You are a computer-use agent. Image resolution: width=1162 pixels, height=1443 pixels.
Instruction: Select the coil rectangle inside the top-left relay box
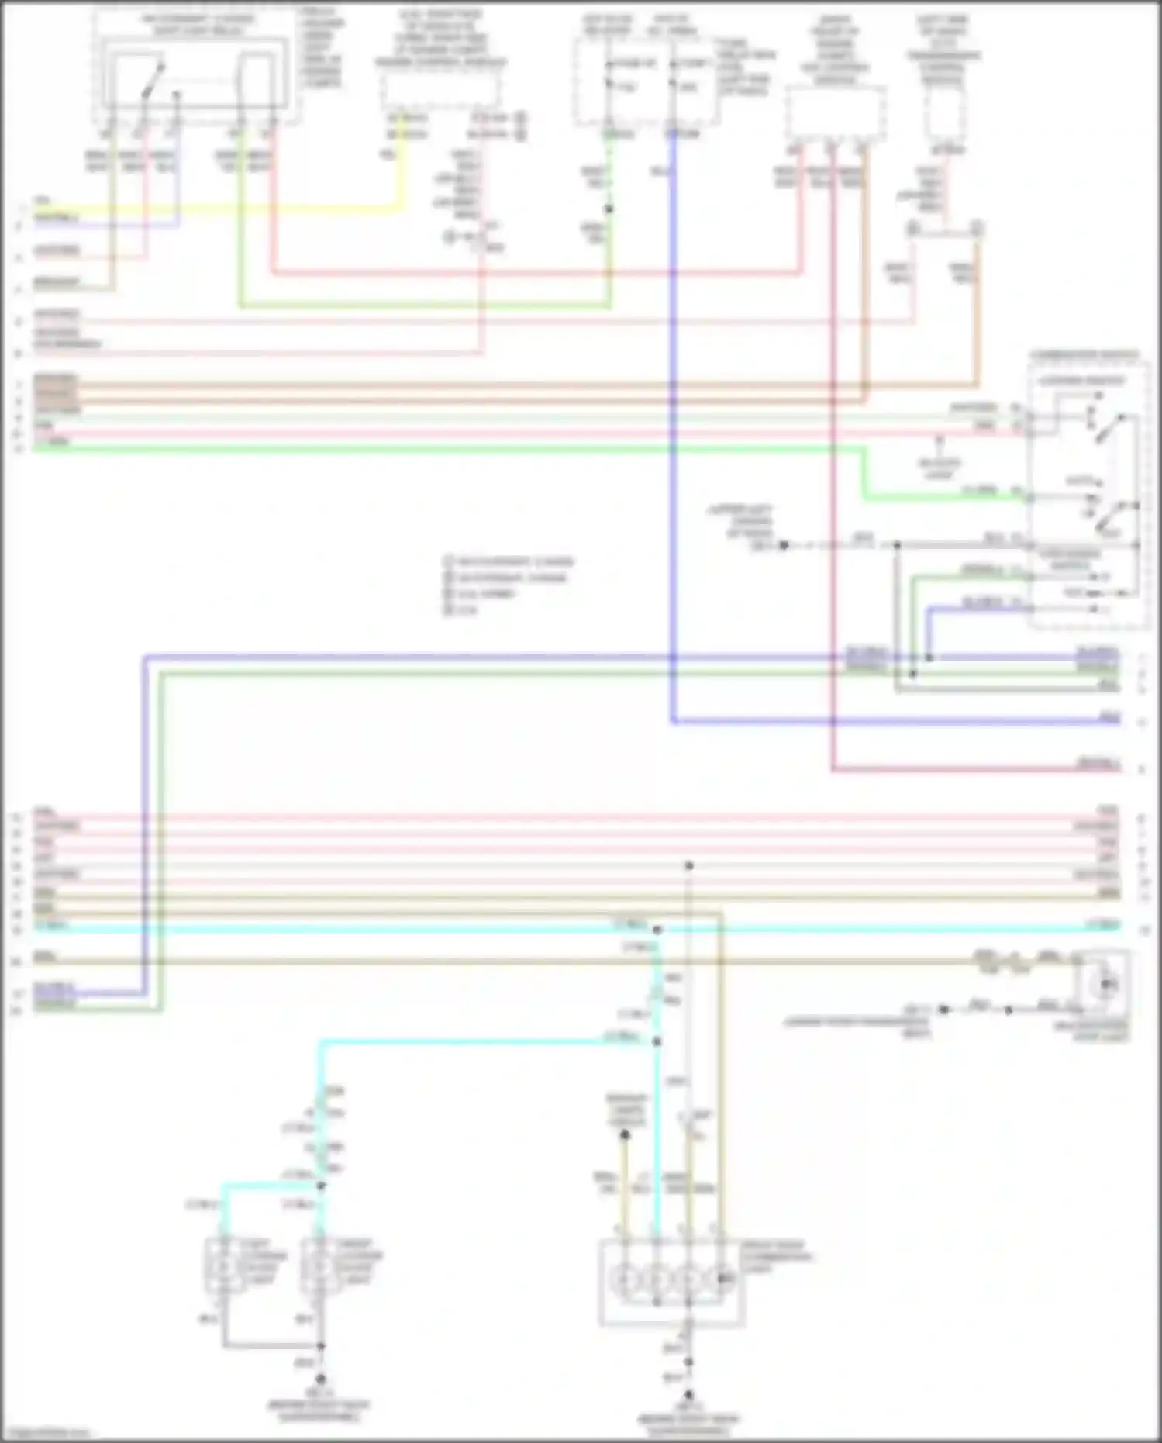(x=255, y=81)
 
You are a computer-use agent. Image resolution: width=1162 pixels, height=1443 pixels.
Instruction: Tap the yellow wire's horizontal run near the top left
(x=233, y=208)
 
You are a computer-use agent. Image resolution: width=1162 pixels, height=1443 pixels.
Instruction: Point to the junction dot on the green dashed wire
(x=609, y=209)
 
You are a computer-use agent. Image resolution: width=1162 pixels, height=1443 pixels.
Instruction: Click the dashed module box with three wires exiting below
(x=835, y=114)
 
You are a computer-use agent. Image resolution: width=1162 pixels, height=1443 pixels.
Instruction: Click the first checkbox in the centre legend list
(x=448, y=561)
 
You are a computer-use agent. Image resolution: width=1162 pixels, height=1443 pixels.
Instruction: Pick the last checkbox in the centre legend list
(x=448, y=610)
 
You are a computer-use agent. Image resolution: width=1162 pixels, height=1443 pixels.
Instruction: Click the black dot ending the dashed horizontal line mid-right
(x=784, y=545)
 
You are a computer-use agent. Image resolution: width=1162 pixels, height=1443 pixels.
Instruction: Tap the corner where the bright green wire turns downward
(x=864, y=449)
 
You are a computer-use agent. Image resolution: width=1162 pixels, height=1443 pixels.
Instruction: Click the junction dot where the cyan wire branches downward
(x=657, y=929)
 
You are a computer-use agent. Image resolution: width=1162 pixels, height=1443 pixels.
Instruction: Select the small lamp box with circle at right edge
(x=1104, y=985)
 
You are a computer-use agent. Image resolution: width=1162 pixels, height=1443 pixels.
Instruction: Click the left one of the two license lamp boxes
(x=223, y=1265)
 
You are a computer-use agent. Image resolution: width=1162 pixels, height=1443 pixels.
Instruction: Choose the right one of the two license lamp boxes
(x=319, y=1265)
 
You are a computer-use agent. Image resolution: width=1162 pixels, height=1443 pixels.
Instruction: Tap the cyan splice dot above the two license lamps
(x=320, y=1186)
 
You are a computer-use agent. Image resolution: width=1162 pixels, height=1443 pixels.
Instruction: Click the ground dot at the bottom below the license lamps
(x=320, y=1379)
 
